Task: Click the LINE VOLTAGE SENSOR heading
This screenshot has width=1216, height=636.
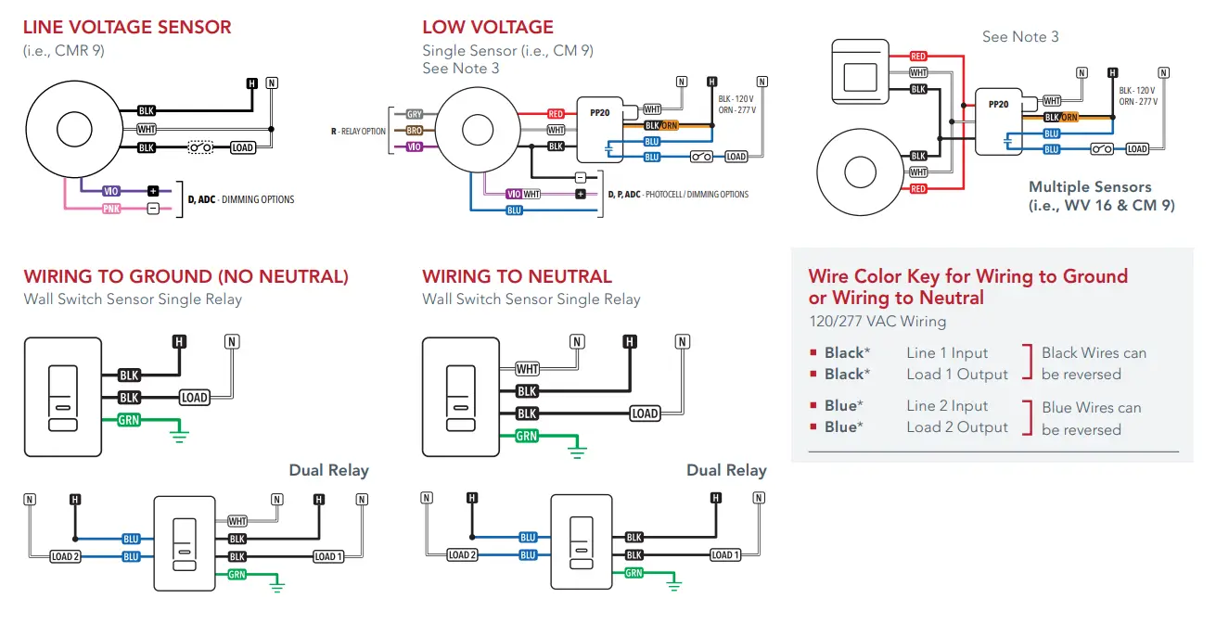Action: tap(127, 27)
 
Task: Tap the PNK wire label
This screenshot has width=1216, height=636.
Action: tap(110, 209)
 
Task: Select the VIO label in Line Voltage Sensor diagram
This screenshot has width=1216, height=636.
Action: tap(110, 190)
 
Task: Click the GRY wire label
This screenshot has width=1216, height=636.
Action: tap(415, 114)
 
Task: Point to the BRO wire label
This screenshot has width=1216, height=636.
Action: tap(415, 130)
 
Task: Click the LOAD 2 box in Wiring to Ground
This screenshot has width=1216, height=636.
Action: tap(65, 556)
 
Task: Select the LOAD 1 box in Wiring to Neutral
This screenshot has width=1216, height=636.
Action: tap(724, 554)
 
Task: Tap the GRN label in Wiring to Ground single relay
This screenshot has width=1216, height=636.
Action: tap(129, 420)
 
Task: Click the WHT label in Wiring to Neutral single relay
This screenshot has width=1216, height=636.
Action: tap(527, 369)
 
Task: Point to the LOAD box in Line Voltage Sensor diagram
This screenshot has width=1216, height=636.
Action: tap(242, 147)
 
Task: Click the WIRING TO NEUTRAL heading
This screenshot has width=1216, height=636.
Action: tap(517, 276)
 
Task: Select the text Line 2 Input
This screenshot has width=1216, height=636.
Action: tap(947, 405)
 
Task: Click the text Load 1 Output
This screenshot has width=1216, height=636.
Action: tap(956, 374)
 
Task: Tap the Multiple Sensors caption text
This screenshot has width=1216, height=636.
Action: tap(1101, 196)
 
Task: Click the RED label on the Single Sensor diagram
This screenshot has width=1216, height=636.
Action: tap(556, 114)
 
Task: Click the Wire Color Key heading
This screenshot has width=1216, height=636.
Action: tap(967, 286)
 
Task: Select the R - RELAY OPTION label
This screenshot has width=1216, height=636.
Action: tap(358, 131)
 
